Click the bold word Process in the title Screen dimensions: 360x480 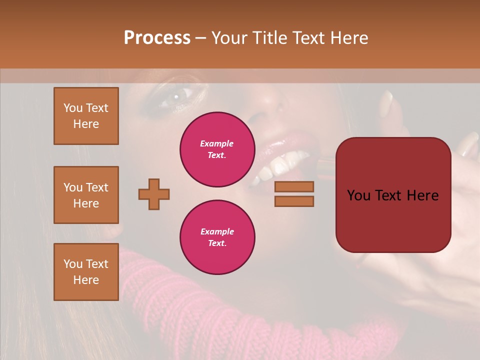157,38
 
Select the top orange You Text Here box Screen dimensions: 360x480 86,116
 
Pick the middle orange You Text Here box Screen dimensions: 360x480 86,195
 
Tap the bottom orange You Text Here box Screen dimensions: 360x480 86,272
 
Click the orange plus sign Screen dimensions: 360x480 154,194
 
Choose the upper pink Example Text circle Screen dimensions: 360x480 217,149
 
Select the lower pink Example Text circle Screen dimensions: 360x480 217,237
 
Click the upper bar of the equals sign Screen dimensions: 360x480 294,186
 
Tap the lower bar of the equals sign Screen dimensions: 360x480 294,201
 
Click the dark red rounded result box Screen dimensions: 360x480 393,195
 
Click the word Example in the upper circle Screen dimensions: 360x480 217,143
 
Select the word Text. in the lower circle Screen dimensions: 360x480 217,243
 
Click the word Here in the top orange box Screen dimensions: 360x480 86,124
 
